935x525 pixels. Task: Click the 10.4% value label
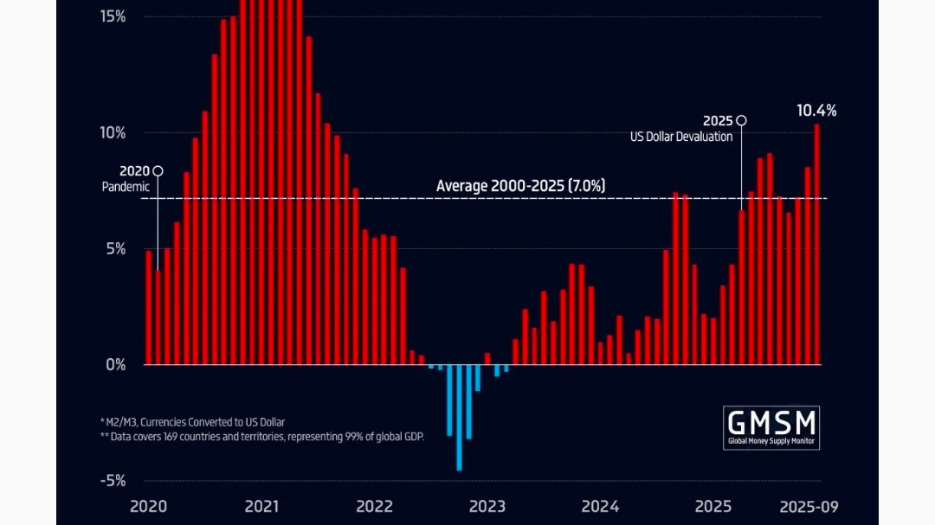click(x=816, y=111)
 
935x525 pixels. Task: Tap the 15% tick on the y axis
click(x=113, y=16)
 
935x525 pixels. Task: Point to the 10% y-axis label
click(x=113, y=133)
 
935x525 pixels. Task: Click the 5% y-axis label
click(x=116, y=249)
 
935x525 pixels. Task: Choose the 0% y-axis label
click(x=116, y=365)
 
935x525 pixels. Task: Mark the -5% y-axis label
click(x=113, y=481)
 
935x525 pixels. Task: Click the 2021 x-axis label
click(x=261, y=506)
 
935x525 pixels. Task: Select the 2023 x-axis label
click(x=487, y=506)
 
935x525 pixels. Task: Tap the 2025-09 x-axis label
click(x=808, y=506)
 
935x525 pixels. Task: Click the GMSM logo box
click(x=771, y=428)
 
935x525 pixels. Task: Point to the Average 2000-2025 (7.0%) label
click(x=520, y=186)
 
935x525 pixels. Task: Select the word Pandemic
click(x=126, y=187)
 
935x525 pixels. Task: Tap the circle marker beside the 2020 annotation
click(x=158, y=171)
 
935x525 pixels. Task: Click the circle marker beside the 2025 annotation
click(x=741, y=121)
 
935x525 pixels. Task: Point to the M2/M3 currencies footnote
click(x=192, y=421)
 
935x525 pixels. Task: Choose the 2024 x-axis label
click(x=600, y=506)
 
